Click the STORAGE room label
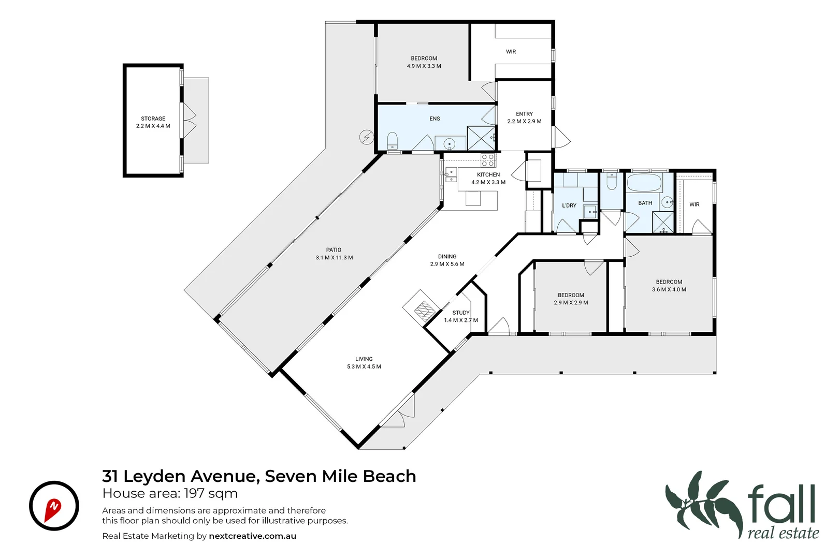click(153, 119)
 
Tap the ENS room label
click(435, 119)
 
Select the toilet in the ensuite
click(393, 141)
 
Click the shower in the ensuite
click(481, 138)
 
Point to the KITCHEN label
click(488, 175)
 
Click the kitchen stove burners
click(488, 160)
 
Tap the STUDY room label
click(460, 313)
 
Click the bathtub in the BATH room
click(644, 183)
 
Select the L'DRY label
click(569, 205)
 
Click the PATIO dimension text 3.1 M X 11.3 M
click(334, 258)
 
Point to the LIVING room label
click(364, 359)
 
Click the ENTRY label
click(524, 114)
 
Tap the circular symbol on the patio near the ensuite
click(366, 137)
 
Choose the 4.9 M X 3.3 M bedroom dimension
click(424, 66)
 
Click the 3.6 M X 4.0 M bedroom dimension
click(669, 290)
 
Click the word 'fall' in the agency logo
click(782, 504)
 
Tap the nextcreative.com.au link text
click(252, 536)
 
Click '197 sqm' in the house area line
click(211, 493)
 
